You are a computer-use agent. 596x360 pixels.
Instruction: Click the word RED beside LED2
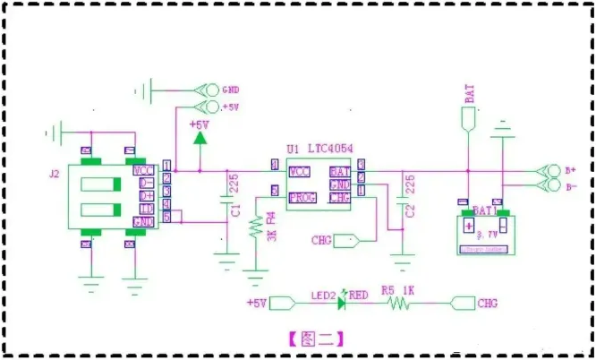point(358,294)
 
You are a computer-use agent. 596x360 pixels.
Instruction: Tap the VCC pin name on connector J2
point(143,169)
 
